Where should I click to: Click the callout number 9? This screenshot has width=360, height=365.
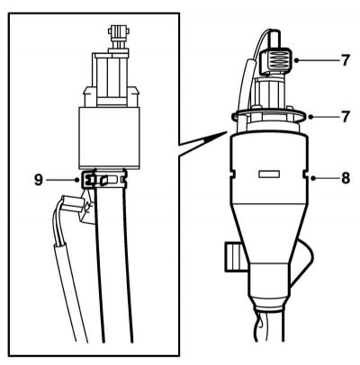(39, 180)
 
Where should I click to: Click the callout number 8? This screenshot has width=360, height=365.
(345, 178)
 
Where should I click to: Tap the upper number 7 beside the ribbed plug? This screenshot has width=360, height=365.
(345, 61)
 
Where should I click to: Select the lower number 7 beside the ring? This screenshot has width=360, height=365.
(345, 117)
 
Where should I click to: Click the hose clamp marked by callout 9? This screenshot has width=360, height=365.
(103, 179)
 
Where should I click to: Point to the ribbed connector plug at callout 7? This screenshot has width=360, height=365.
(276, 61)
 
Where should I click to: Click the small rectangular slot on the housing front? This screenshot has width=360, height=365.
(269, 174)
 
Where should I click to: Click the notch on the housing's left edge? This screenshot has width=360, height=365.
(232, 174)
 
